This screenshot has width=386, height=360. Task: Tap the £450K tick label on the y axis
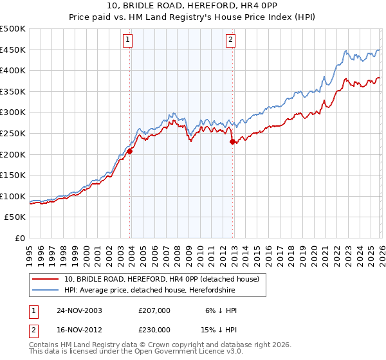pos(13,50)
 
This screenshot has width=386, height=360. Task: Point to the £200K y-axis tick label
pos(13,154)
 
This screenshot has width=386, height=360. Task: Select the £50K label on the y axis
pos(15,217)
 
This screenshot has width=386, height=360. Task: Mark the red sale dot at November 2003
pos(130,151)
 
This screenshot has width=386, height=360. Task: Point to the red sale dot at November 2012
pos(232,142)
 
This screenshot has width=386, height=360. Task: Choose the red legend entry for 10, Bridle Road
pos(161,278)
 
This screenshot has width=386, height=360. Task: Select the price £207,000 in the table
pos(154,310)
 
